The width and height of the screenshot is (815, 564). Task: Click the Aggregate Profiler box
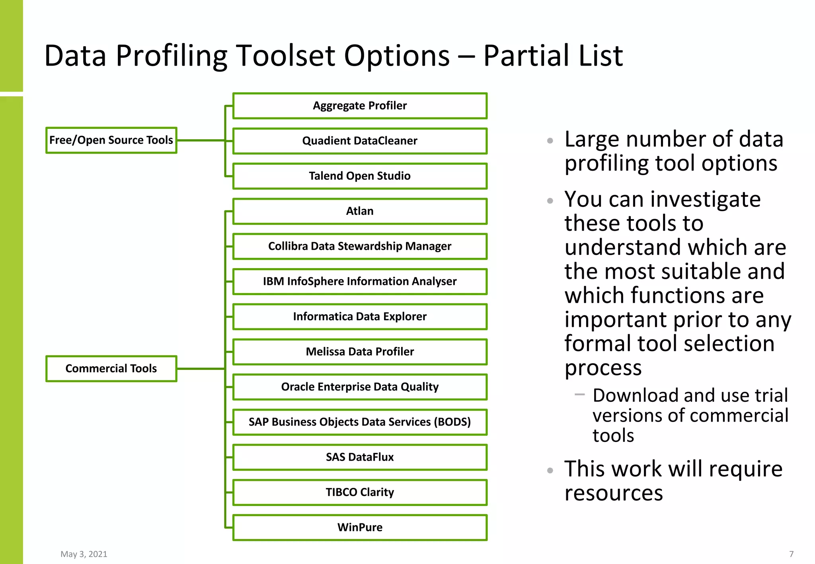click(360, 106)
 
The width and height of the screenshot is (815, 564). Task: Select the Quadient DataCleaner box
click(360, 141)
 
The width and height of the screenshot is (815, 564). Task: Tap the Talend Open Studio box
click(360, 176)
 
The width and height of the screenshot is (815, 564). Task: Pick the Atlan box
click(360, 211)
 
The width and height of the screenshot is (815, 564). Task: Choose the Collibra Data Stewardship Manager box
click(360, 246)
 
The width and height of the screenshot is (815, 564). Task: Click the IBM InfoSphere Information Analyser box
click(360, 281)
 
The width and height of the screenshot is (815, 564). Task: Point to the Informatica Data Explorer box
click(360, 317)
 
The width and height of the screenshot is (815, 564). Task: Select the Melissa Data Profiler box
click(360, 352)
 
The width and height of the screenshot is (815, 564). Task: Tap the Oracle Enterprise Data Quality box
click(360, 387)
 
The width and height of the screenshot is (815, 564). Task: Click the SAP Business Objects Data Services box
click(360, 422)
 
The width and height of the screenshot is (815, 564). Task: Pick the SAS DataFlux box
click(360, 457)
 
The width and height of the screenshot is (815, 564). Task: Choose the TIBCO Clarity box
click(360, 492)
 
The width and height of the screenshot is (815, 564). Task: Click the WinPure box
click(360, 527)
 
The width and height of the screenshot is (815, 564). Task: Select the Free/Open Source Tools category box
click(111, 140)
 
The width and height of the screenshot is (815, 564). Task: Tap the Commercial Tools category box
click(111, 369)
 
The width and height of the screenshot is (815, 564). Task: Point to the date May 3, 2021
click(84, 554)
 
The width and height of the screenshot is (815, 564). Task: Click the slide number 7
click(791, 554)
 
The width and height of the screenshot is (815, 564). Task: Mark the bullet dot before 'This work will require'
click(550, 471)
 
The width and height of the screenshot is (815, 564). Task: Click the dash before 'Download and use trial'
click(579, 395)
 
